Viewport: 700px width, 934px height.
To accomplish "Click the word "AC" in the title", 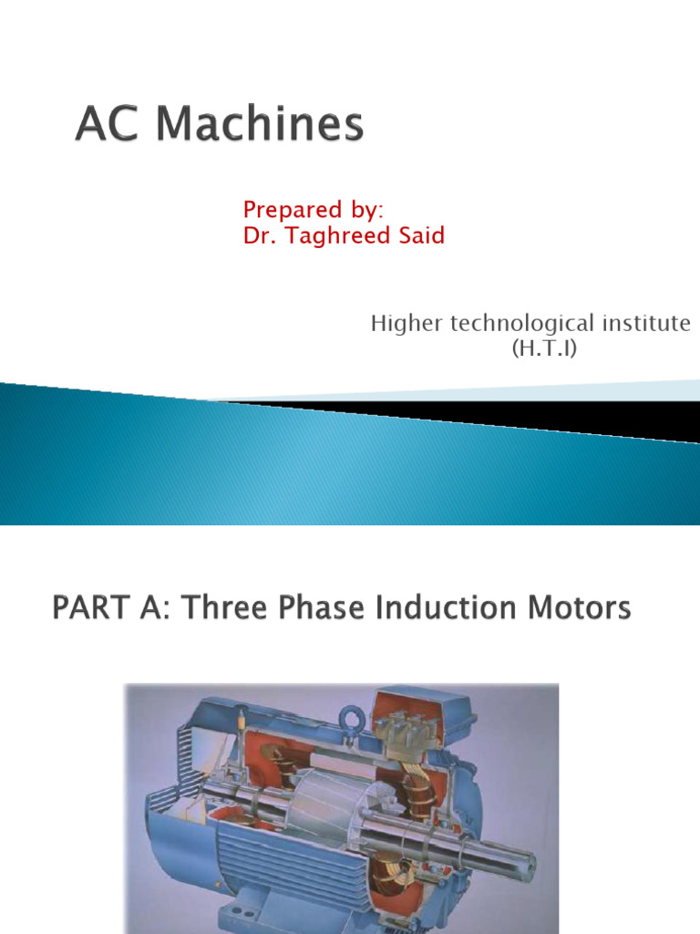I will pos(104,126).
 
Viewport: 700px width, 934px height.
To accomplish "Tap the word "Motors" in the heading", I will pos(577,608).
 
